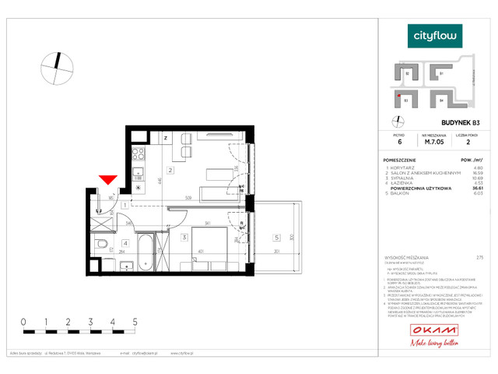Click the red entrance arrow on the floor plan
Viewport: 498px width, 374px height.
(108, 181)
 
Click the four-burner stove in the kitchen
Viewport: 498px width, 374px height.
(138, 153)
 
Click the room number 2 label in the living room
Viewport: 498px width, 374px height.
(170, 170)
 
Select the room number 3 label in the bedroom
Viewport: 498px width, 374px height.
(183, 236)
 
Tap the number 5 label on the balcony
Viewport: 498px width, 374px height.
(275, 236)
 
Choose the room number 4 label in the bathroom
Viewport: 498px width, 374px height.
(124, 242)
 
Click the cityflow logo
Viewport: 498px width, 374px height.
(435, 35)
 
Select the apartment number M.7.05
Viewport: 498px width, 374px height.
(433, 143)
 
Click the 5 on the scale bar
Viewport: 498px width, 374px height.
(135, 320)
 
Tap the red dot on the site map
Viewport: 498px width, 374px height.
(399, 97)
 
